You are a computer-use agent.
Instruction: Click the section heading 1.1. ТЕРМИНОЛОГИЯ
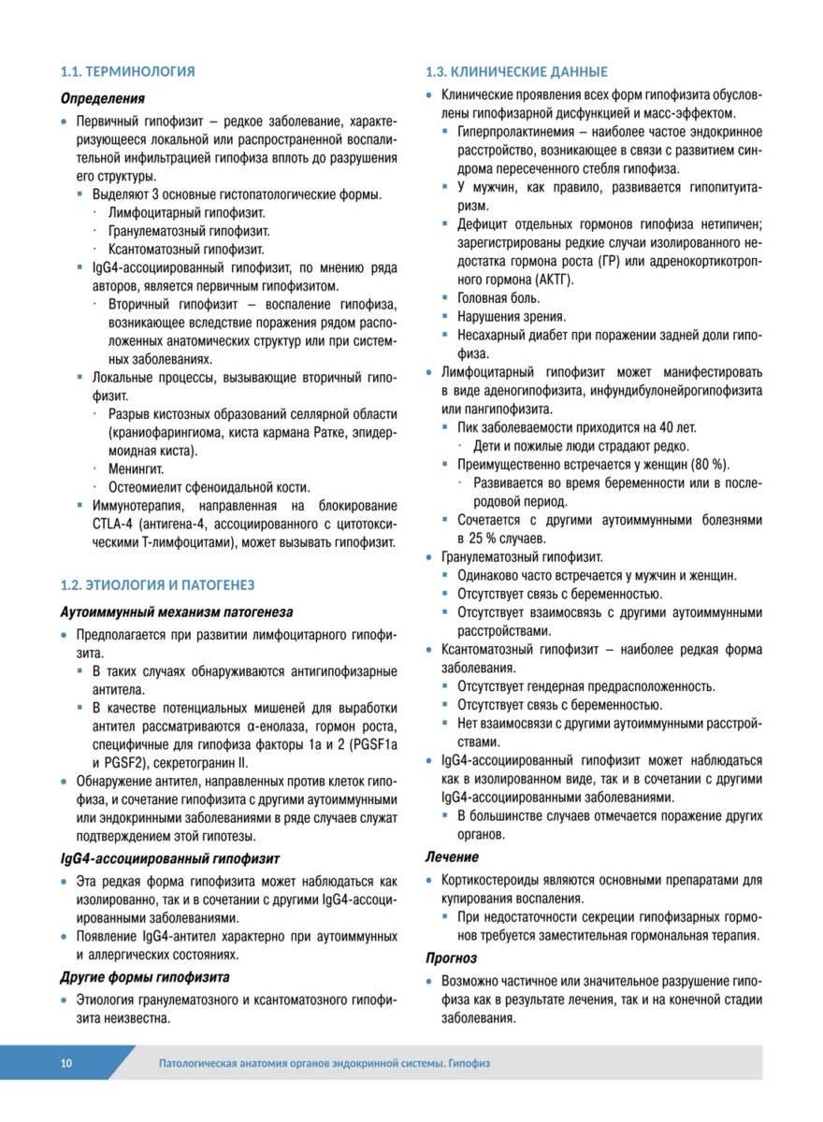pos(127,71)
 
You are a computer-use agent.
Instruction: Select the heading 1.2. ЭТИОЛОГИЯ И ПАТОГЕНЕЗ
pos(156,585)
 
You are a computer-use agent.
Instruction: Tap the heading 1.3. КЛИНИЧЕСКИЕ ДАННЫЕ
pos(516,72)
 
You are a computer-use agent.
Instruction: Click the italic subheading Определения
pos(102,98)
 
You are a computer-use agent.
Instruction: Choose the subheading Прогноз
pos(451,958)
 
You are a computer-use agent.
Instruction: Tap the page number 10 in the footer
pos(65,1063)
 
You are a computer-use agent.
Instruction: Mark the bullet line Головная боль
pos(498,298)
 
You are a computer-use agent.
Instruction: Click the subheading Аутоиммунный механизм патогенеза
pos(176,612)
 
